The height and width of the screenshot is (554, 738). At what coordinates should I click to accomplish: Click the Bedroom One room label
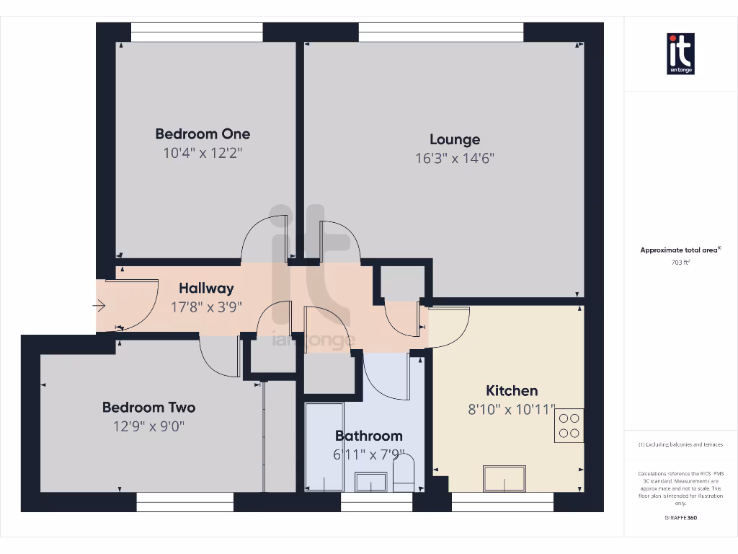coord(203,133)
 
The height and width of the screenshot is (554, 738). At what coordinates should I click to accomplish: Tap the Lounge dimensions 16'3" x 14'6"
coord(455,159)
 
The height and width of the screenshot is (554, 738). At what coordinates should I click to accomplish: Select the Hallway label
coord(206,288)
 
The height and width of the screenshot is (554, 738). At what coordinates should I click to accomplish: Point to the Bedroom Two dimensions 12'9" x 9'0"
coord(148,426)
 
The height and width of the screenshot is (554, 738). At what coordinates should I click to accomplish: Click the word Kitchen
coord(512,391)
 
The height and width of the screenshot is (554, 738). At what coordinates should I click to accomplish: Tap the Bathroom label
coord(368,436)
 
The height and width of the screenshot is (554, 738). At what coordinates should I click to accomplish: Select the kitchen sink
coord(504,478)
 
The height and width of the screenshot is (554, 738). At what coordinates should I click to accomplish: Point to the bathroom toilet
coord(404,472)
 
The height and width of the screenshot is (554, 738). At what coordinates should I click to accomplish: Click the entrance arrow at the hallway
coord(99,306)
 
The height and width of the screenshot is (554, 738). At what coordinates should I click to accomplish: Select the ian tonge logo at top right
coord(680,53)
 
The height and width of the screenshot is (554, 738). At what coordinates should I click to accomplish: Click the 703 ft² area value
coord(680,263)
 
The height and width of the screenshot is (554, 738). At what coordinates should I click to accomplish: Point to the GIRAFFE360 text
coord(680,517)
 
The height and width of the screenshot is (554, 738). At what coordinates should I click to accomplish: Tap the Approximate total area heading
coord(680,250)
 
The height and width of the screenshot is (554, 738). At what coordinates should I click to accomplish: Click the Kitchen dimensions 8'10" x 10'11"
coord(512,410)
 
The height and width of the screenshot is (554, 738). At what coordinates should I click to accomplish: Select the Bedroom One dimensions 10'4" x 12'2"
coord(203,153)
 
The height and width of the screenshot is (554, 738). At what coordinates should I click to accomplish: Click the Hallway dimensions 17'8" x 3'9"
coord(206,306)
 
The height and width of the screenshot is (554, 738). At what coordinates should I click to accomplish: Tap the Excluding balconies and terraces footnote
coord(680,444)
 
